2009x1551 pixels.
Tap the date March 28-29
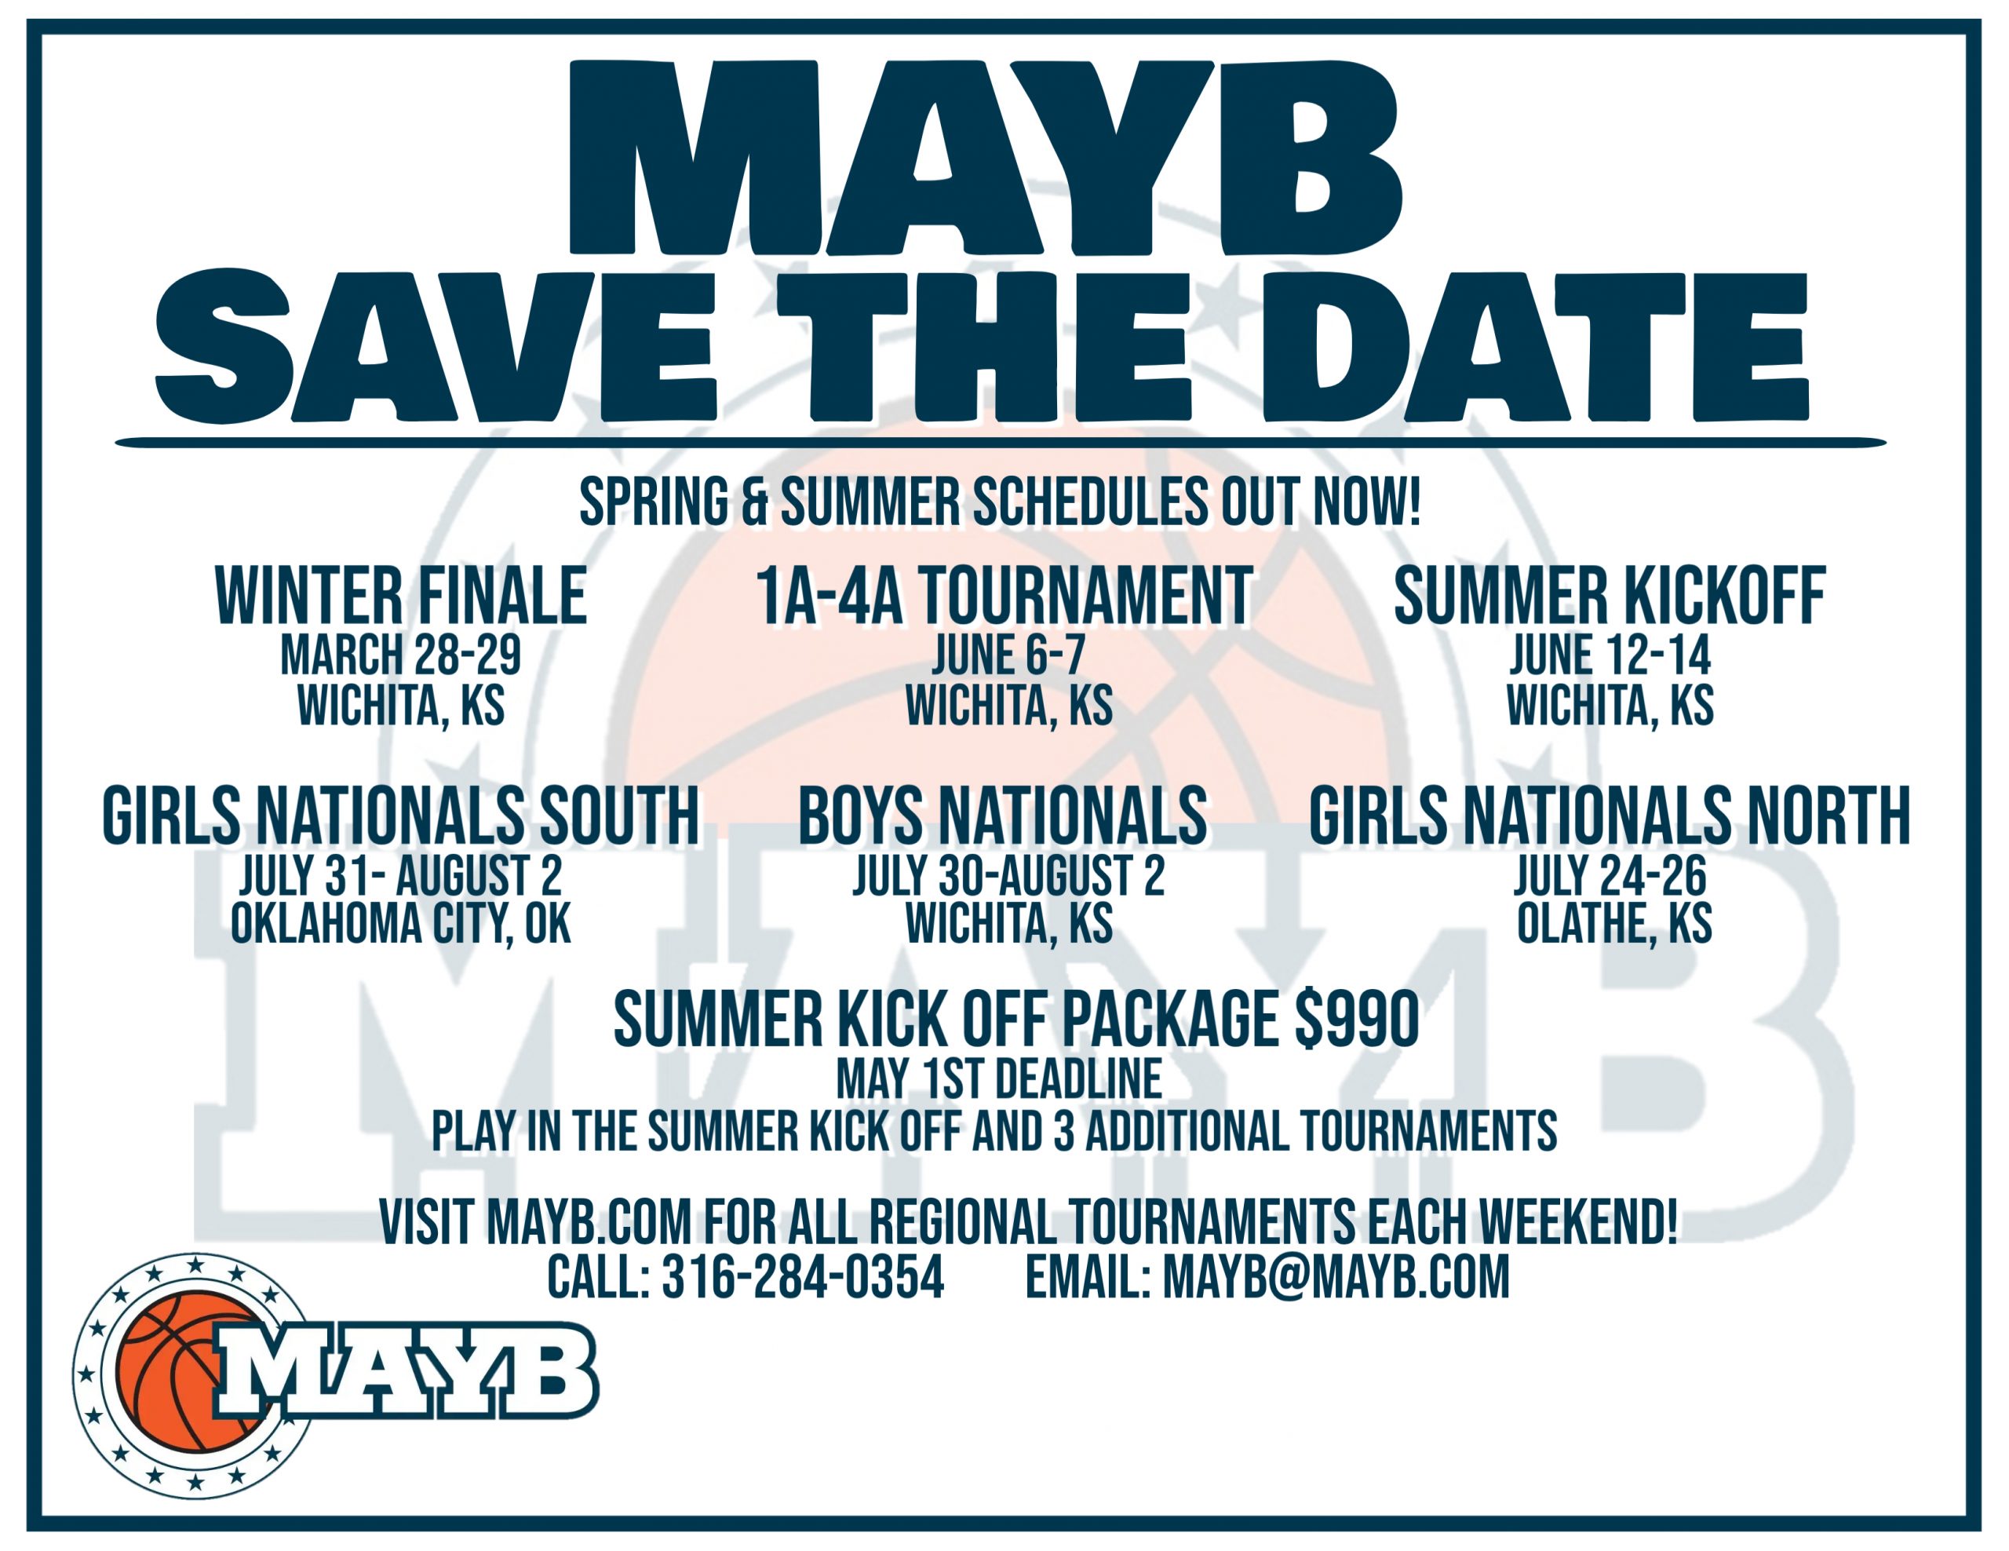401,655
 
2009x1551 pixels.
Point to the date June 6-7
1009,655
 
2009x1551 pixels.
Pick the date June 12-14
1610,655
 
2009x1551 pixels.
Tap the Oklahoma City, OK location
401,924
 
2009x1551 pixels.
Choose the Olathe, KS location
1614,924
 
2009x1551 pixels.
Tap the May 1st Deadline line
999,1079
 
